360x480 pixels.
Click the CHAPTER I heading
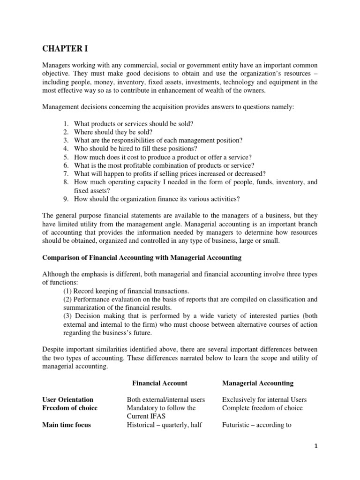(x=63, y=48)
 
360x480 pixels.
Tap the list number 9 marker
(x=66, y=199)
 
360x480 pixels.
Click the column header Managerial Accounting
(x=257, y=383)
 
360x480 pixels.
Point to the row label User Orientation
(x=68, y=399)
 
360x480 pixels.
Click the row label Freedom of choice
(x=70, y=408)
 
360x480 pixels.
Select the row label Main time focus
(x=67, y=425)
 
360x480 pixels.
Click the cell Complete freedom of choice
(x=262, y=408)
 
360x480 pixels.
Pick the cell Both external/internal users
(x=166, y=399)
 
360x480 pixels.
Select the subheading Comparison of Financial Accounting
(x=142, y=257)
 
